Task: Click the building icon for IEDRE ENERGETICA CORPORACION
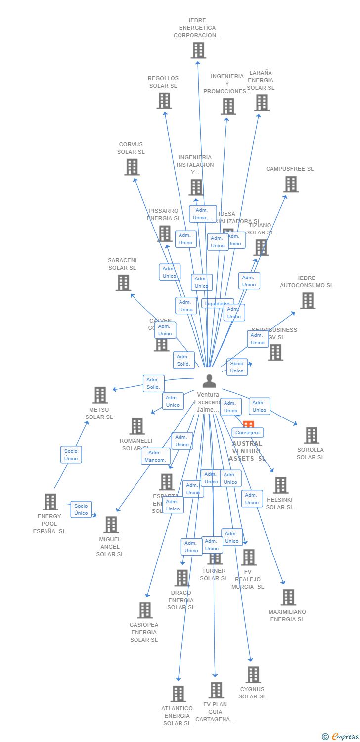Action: [198, 50]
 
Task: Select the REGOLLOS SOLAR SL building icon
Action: [164, 101]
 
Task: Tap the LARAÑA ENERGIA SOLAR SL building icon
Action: [262, 103]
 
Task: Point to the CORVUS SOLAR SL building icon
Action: [132, 167]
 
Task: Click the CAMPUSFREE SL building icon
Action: [291, 184]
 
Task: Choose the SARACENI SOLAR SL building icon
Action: [123, 283]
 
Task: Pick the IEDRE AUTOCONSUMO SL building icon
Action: [308, 300]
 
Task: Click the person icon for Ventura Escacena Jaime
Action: [209, 381]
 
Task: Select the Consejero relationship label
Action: [248, 433]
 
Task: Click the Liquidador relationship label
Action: [217, 303]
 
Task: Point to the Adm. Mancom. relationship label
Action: [155, 456]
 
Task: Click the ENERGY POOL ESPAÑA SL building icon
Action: [50, 502]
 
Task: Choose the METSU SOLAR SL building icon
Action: [100, 395]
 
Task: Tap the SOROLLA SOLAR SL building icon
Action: [312, 435]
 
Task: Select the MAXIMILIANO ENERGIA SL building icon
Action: [288, 598]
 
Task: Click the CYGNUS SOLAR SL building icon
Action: [253, 675]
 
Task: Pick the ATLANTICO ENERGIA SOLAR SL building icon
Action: [178, 694]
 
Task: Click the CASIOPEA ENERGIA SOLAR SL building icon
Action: [145, 610]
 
